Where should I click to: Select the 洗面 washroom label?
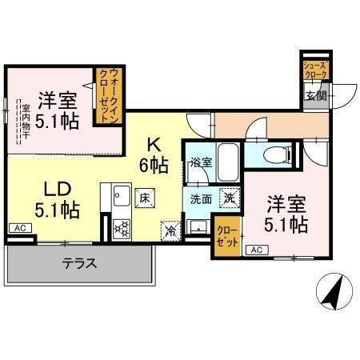pos(200,198)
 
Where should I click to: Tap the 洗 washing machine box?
pos(228,198)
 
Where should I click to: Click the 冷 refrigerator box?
pos(170,228)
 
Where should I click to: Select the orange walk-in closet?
pos(106,96)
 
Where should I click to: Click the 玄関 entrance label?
pos(314,97)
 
